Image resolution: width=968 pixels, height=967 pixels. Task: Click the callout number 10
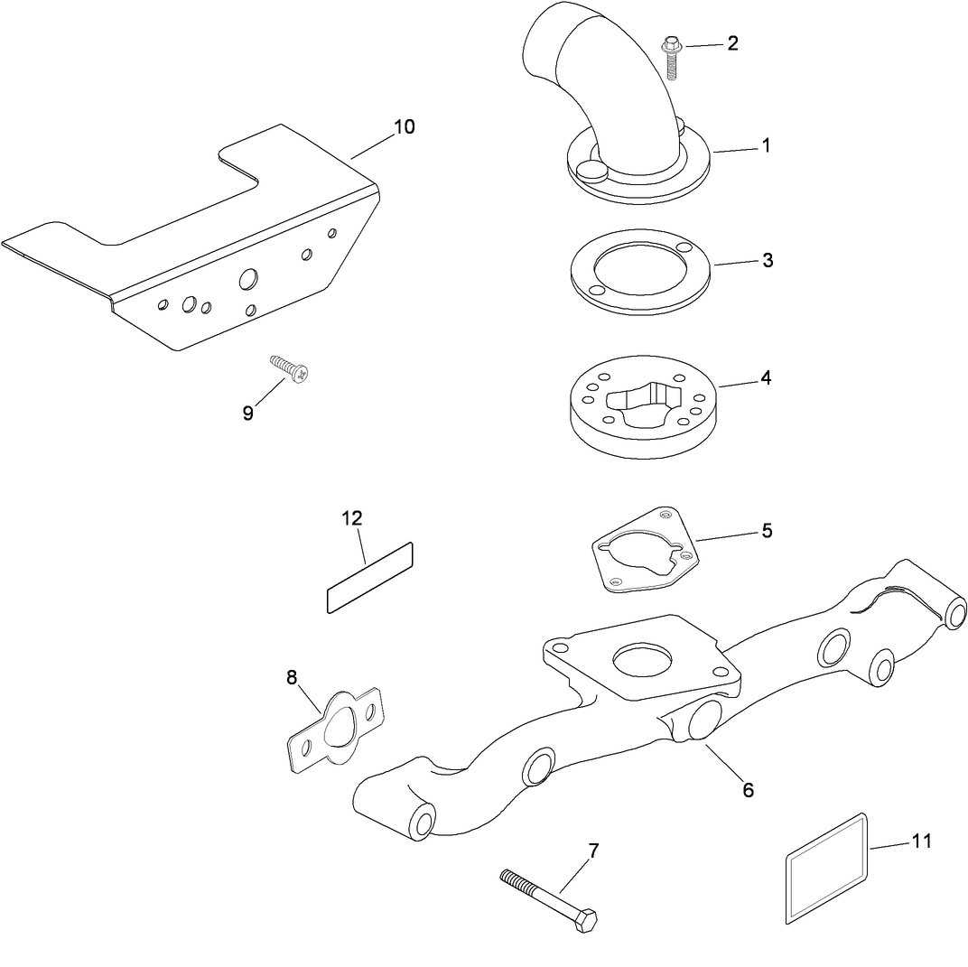(404, 126)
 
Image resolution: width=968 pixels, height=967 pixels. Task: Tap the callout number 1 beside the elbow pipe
(766, 144)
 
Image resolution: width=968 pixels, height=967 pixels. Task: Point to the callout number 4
(766, 377)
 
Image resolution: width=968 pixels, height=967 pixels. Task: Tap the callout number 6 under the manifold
(748, 789)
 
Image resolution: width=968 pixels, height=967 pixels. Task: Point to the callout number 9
(248, 413)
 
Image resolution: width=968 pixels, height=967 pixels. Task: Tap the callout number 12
(351, 517)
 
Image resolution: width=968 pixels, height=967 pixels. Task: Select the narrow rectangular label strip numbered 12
(368, 578)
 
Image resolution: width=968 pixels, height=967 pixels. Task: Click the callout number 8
(292, 677)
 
